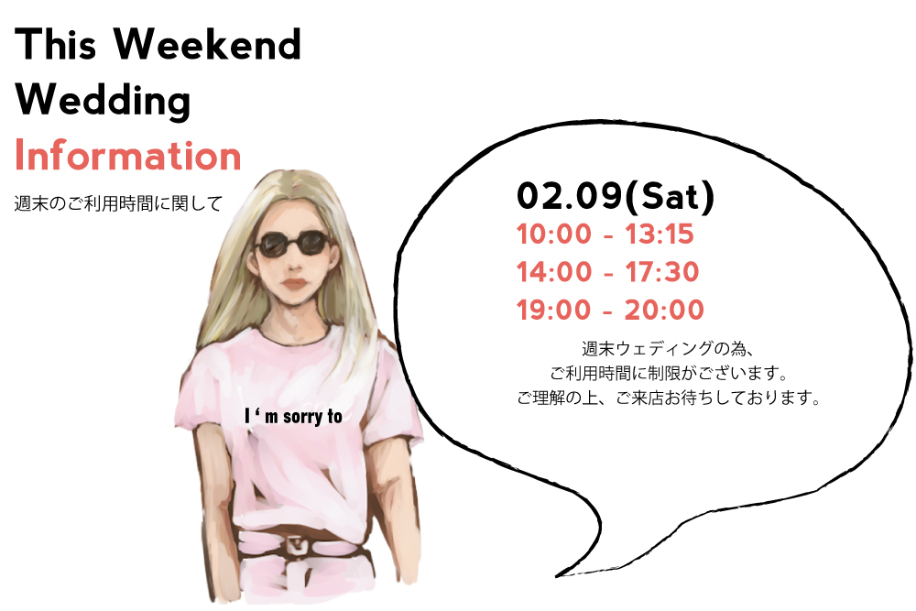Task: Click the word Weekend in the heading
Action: click(207, 44)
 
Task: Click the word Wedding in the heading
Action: click(103, 101)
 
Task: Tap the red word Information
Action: click(128, 156)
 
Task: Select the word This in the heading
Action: click(56, 44)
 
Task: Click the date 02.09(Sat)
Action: click(616, 196)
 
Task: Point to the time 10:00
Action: click(554, 235)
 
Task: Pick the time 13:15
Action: click(660, 235)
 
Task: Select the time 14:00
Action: click(554, 272)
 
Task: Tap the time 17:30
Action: click(662, 272)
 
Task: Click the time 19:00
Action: click(554, 311)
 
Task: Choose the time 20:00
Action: click(664, 311)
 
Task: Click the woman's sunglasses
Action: click(292, 244)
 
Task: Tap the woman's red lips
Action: click(295, 284)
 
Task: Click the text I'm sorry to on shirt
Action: click(294, 417)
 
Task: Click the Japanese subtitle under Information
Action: click(118, 203)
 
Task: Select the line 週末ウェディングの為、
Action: click(669, 349)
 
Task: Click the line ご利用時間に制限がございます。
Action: click(670, 373)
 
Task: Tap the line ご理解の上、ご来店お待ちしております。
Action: click(670, 398)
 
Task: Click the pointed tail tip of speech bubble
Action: click(556, 576)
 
